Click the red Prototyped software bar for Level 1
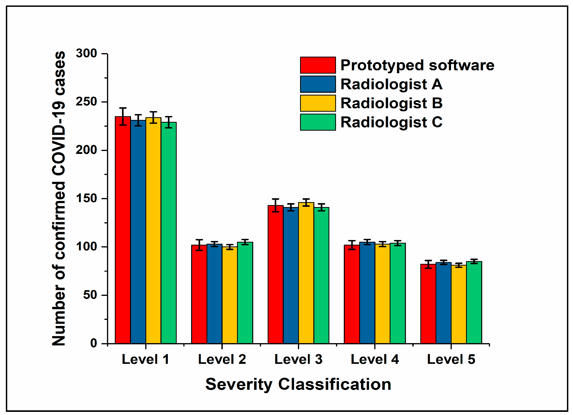(x=123, y=230)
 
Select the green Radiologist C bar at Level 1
(x=169, y=233)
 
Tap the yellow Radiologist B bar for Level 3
(x=306, y=273)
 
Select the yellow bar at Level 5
(x=459, y=304)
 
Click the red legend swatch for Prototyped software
(x=318, y=65)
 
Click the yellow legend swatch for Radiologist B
(x=318, y=103)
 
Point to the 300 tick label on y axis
(x=86, y=53)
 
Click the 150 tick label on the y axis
(x=86, y=198)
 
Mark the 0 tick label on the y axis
(x=94, y=343)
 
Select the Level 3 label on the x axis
(x=298, y=359)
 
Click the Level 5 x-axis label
(x=451, y=359)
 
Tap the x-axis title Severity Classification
(x=298, y=384)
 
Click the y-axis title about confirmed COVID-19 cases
(x=59, y=198)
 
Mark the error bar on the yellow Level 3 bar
(x=306, y=203)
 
